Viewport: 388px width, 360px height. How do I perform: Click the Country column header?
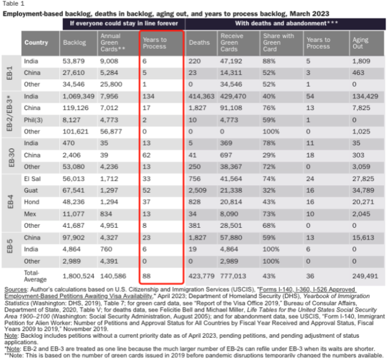tap(36, 43)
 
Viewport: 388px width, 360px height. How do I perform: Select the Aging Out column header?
tap(361, 43)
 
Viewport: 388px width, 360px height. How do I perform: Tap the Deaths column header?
tap(199, 43)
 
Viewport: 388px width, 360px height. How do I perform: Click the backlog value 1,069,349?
tap(78, 96)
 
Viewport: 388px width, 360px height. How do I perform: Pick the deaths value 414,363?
tap(201, 96)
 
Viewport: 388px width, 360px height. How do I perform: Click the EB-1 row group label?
tap(9, 73)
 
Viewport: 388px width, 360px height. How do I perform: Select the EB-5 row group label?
tap(9, 246)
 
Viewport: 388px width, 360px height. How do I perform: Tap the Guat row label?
tap(31, 190)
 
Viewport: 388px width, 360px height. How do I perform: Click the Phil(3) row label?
tap(33, 120)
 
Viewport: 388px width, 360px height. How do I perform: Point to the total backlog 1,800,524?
tap(78, 276)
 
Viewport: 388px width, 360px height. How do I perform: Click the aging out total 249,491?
tap(365, 276)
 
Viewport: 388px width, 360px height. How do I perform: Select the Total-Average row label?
tap(35, 276)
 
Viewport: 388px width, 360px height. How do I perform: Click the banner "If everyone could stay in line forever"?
tap(124, 23)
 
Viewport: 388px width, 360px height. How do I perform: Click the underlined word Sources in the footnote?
tap(16, 289)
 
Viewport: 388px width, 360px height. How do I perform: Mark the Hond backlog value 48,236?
tap(73, 202)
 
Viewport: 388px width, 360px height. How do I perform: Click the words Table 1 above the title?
tap(13, 4)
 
